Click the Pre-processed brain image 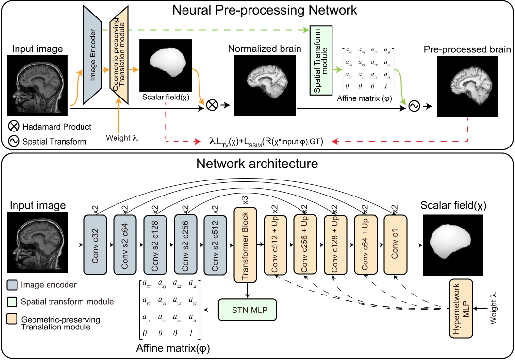point(469,86)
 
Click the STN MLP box point(246,309)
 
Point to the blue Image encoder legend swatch point(14,285)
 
